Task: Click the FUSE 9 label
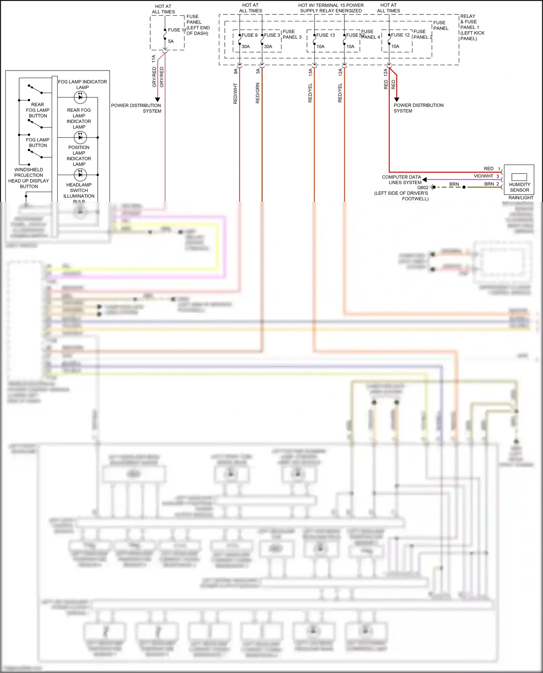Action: (249, 35)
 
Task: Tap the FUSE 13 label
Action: (325, 35)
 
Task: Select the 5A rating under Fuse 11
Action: (171, 41)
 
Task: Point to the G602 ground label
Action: (423, 188)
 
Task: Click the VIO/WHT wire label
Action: (483, 176)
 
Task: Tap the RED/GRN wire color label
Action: (258, 93)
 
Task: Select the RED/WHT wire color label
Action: (235, 94)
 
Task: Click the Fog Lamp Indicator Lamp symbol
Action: (80, 97)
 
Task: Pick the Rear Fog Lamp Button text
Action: (38, 110)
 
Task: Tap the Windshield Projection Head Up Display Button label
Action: (29, 178)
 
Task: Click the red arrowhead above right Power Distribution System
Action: (396, 99)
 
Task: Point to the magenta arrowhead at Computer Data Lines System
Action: (425, 179)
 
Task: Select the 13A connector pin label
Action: (310, 72)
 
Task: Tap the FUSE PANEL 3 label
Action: (292, 34)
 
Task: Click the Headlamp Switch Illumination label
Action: (79, 191)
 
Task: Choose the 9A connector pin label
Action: (236, 72)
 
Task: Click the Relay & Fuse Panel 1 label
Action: (472, 27)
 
